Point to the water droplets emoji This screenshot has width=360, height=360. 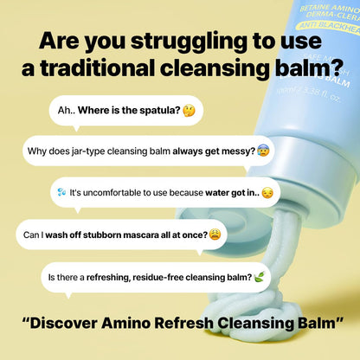coord(61,192)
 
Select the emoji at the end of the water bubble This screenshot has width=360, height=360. coord(267,192)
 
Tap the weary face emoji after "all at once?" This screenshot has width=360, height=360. coord(214,234)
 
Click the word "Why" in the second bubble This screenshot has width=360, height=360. coord(37,151)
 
